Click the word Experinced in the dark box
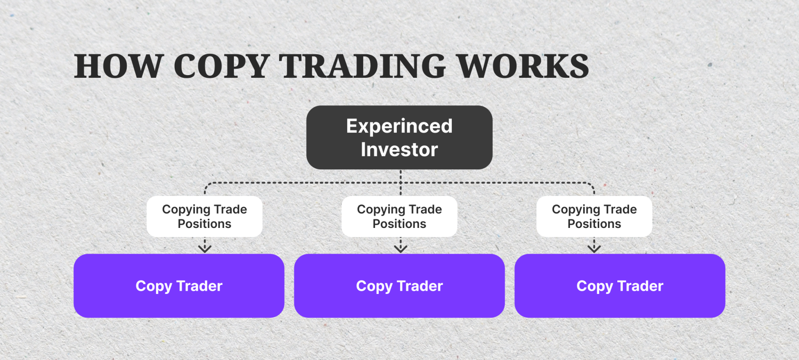click(399, 126)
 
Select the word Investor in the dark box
click(399, 149)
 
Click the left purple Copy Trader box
click(179, 286)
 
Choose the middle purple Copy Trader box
click(399, 286)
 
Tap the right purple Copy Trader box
click(620, 286)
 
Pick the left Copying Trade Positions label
click(205, 216)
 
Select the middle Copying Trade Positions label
click(399, 216)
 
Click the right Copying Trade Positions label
click(594, 216)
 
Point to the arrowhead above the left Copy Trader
click(205, 248)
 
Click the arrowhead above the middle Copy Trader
click(400, 248)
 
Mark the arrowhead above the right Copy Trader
click(594, 248)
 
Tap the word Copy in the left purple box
click(153, 287)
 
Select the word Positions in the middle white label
click(399, 224)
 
